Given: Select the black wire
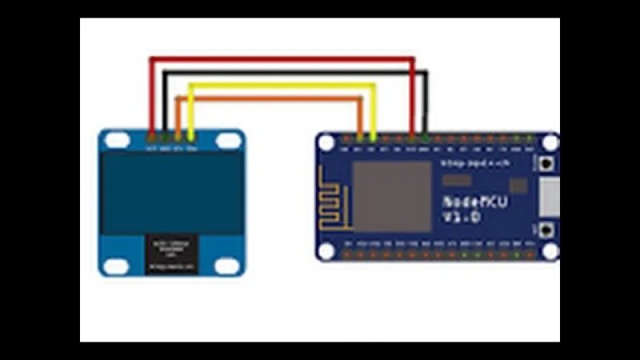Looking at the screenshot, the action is pyautogui.click(x=296, y=73).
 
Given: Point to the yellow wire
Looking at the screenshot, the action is pyautogui.click(x=280, y=85).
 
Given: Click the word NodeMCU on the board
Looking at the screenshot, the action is pyautogui.click(x=474, y=202).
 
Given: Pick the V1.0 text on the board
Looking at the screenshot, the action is pyautogui.click(x=462, y=218).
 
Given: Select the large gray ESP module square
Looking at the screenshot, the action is pyautogui.click(x=392, y=196).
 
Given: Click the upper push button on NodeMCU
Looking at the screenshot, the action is pyautogui.click(x=547, y=163).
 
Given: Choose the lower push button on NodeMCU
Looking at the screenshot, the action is pyautogui.click(x=547, y=231).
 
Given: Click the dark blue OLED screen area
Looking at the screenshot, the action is pyautogui.click(x=172, y=192).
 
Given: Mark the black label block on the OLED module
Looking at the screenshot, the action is pyautogui.click(x=170, y=253).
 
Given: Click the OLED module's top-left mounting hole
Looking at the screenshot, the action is pyautogui.click(x=117, y=141).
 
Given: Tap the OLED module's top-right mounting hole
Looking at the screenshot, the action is pyautogui.click(x=228, y=141).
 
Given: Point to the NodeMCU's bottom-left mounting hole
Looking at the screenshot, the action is pyautogui.click(x=326, y=250).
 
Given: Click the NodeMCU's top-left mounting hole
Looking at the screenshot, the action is pyautogui.click(x=326, y=143).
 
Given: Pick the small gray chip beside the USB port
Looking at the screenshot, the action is pyautogui.click(x=518, y=186).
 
